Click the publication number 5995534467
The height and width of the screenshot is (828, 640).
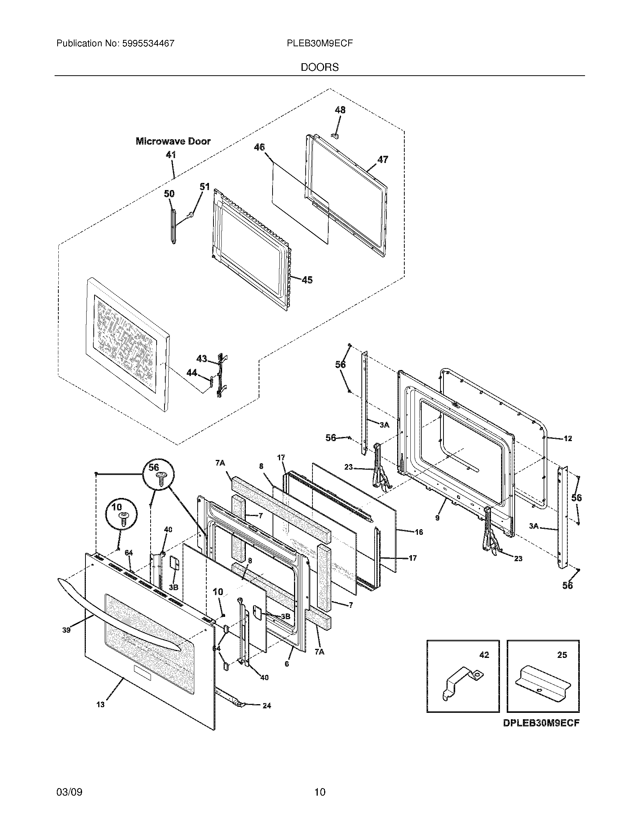[x=148, y=44]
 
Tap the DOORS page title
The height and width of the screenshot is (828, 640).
[x=320, y=67]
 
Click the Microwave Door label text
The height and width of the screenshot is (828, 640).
[x=173, y=142]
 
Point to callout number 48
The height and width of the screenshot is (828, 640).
[x=340, y=110]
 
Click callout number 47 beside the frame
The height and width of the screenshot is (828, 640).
[x=383, y=160]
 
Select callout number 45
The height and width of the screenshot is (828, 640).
[x=307, y=280]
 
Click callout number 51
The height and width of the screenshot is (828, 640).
[x=204, y=187]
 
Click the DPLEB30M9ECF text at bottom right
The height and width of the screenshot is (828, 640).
[x=541, y=734]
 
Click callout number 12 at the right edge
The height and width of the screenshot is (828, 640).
[x=568, y=438]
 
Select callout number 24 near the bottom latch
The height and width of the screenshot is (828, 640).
[x=267, y=706]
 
